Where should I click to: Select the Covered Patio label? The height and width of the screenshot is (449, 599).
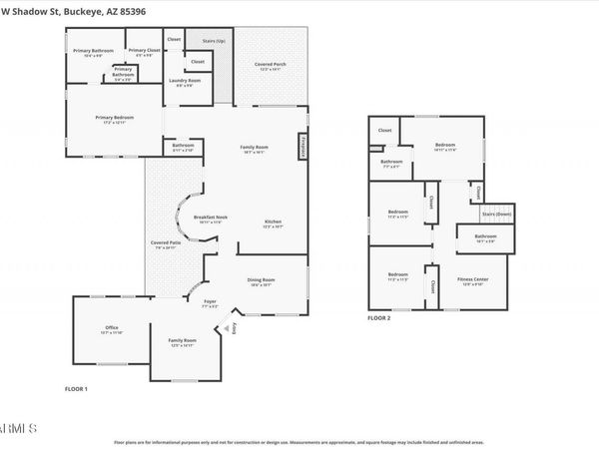pyautogui.click(x=165, y=244)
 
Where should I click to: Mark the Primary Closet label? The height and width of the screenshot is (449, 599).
pyautogui.click(x=145, y=51)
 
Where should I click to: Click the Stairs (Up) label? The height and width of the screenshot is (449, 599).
pyautogui.click(x=214, y=42)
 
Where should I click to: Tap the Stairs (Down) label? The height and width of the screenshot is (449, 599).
pyautogui.click(x=496, y=214)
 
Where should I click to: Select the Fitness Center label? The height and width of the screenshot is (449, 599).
pyautogui.click(x=472, y=280)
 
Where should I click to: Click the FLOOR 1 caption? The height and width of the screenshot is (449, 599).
pyautogui.click(x=76, y=387)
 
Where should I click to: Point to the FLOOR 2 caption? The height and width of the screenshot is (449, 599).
pyautogui.click(x=378, y=317)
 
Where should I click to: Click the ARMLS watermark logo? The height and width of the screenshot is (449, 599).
pyautogui.click(x=18, y=428)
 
